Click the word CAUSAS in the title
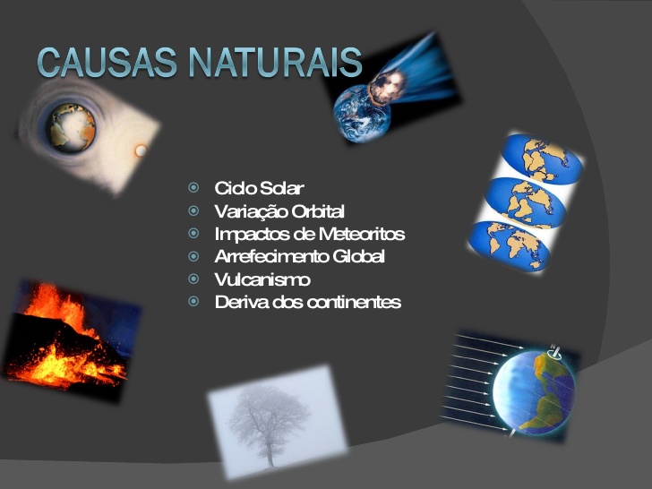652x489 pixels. click(107, 63)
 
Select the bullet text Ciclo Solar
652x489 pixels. click(259, 188)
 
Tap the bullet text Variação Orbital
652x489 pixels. click(279, 211)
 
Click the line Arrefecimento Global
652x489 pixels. click(299, 256)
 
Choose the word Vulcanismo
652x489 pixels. click(262, 279)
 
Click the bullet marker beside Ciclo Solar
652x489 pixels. click(193, 187)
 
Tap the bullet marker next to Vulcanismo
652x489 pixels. click(193, 279)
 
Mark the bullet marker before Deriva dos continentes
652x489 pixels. click(193, 301)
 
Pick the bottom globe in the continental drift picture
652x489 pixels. click(510, 246)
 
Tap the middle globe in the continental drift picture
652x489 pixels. click(526, 202)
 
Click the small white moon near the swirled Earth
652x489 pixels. click(141, 150)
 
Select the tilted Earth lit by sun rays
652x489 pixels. click(534, 392)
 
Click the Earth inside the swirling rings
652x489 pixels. click(71, 128)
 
